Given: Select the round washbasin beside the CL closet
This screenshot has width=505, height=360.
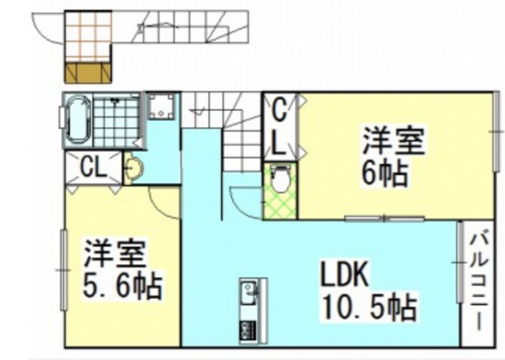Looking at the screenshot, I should pos(133,169).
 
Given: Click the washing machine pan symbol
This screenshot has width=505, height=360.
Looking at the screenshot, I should pos(162,109).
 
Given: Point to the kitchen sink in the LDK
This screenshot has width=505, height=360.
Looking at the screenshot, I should pos(248,293).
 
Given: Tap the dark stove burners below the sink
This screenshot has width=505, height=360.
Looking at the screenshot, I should pos(246,328).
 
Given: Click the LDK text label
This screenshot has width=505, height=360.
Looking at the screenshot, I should pos(340,272).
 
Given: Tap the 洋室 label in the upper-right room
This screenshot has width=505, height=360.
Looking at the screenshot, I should pos(394,141).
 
